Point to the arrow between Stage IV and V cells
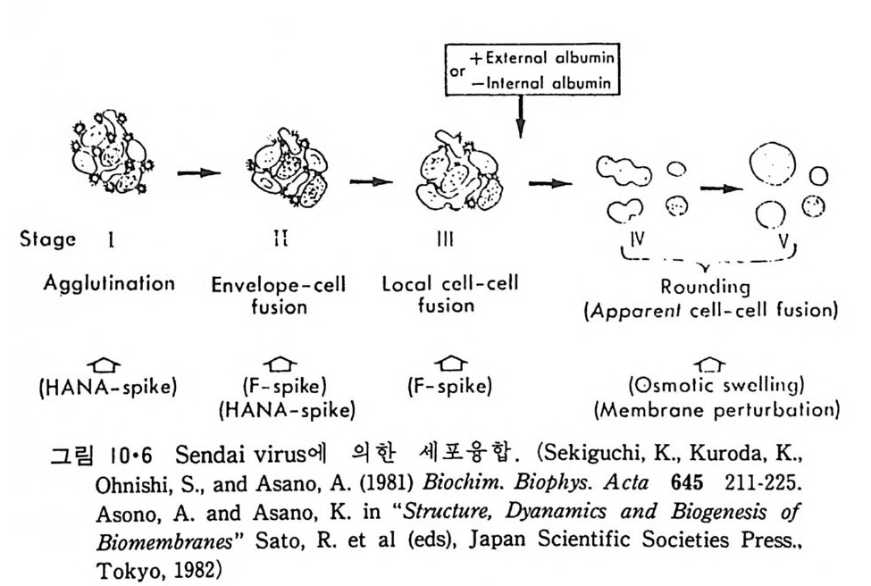(x=723, y=188)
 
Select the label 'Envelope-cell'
(x=279, y=286)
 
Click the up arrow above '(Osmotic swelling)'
(x=710, y=365)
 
